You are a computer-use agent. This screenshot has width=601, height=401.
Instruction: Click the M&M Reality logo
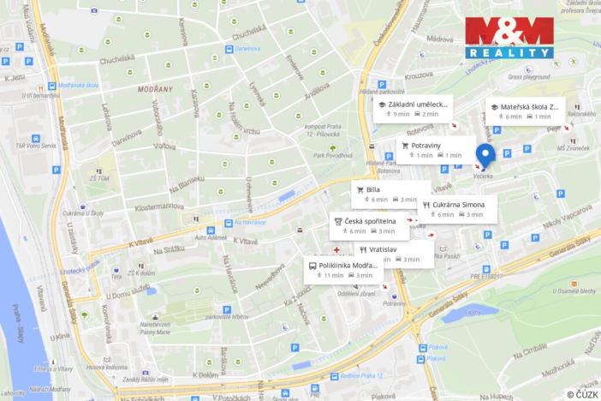(510, 37)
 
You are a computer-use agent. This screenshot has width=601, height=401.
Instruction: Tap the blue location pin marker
(485, 157)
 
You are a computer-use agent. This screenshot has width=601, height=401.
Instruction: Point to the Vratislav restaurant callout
(390, 254)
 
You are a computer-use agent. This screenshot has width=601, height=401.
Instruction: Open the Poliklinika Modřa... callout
(342, 270)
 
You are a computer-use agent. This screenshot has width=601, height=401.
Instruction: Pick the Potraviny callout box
(434, 150)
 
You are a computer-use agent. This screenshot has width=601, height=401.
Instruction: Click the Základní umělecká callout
(413, 109)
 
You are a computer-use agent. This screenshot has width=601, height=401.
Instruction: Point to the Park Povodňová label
(333, 155)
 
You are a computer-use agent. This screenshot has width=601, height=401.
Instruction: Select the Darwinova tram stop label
(247, 49)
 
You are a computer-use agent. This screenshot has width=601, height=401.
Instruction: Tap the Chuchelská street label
(116, 61)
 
